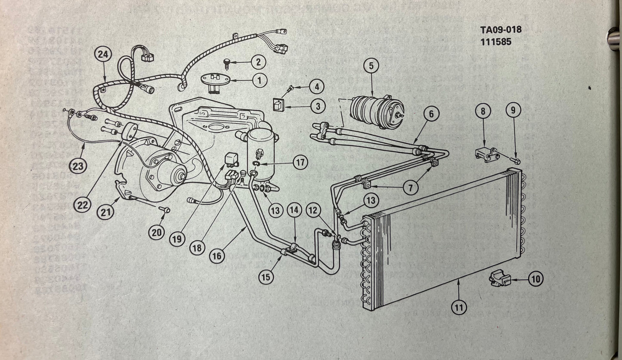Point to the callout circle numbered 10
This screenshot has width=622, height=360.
tap(535, 279)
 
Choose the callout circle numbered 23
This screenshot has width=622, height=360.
tap(78, 166)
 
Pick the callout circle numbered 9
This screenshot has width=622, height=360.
tap(513, 111)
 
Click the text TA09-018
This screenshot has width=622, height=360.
tap(501, 30)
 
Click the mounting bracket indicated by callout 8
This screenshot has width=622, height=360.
tap(486, 154)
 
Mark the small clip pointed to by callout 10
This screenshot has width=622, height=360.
tap(499, 279)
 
